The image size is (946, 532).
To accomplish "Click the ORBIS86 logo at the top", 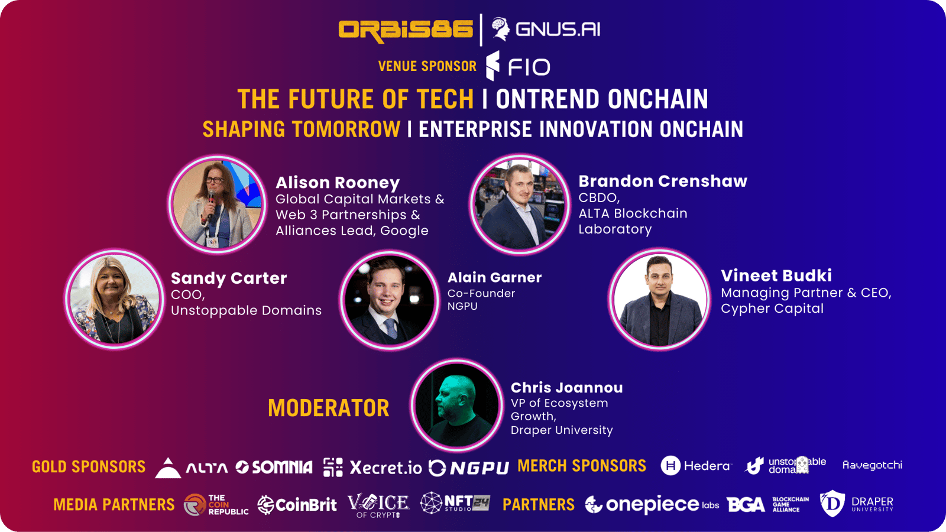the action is (406, 30).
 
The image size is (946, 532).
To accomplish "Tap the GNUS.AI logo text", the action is (558, 29).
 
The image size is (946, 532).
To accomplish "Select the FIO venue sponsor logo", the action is (518, 66).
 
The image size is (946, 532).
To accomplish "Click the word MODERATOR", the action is (329, 408).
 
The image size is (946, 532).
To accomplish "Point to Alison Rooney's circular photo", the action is (218, 204).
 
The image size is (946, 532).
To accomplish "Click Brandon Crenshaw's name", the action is (663, 181).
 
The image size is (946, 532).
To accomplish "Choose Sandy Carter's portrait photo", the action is (114, 299).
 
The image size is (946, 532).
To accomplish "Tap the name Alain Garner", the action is (494, 277).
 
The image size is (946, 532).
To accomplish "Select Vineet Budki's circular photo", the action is (659, 299).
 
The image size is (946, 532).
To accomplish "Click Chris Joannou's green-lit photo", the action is (456, 406).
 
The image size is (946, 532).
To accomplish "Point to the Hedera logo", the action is (696, 466).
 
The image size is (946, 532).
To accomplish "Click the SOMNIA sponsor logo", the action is (274, 467).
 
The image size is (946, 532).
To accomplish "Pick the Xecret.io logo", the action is (372, 468).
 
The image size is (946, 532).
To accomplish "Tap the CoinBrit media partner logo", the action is (297, 505).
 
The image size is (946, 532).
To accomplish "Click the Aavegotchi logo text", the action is (872, 465).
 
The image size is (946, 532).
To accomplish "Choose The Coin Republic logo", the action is (216, 505).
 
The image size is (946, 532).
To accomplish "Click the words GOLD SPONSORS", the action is (89, 466).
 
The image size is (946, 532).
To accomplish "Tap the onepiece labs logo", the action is (652, 504).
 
